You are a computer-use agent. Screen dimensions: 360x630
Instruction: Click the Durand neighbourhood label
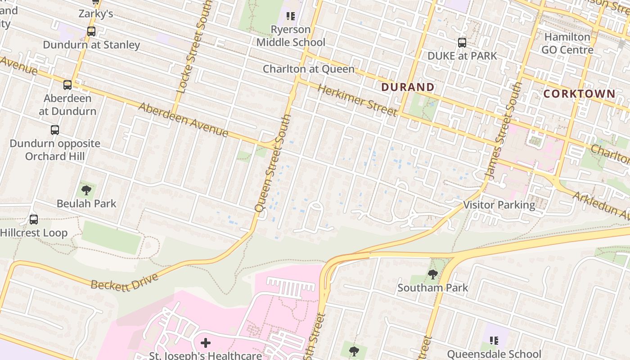408,87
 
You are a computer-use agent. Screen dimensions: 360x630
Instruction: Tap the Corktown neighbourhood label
579,94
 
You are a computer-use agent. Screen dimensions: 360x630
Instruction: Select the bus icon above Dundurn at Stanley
91,31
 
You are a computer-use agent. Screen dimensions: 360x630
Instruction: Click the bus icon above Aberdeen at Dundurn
67,85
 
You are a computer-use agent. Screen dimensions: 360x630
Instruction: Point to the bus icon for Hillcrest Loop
34,220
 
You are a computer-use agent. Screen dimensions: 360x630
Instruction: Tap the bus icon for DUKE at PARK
462,43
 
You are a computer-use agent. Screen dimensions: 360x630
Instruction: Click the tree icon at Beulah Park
86,190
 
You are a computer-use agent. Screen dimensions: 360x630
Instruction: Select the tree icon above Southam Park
432,274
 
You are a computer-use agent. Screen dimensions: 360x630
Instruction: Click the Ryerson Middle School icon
291,16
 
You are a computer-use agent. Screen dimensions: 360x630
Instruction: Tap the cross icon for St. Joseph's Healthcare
206,343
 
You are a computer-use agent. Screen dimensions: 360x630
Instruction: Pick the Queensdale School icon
494,341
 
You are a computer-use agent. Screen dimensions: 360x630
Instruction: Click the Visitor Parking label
499,205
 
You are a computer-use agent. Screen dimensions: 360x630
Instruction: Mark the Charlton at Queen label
309,69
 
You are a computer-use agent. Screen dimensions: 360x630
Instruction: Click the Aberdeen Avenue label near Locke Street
183,120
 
